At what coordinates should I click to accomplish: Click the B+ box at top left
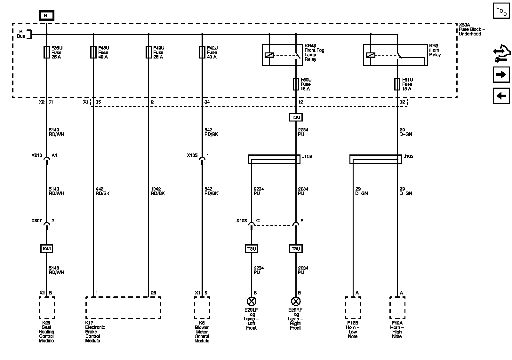click(x=47, y=16)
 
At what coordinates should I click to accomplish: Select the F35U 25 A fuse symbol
click(x=46, y=52)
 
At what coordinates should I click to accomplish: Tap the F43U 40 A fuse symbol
click(x=93, y=52)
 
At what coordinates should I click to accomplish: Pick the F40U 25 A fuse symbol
click(x=148, y=52)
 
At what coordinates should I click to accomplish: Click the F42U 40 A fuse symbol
click(x=202, y=52)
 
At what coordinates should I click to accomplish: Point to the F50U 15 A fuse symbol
click(x=296, y=84)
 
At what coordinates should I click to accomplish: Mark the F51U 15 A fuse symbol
click(x=397, y=84)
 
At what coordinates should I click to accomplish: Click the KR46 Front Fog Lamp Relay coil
click(x=269, y=55)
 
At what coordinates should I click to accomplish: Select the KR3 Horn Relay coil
click(x=371, y=55)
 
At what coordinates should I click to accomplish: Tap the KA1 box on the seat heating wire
click(x=47, y=248)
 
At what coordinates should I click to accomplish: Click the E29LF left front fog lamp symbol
click(x=252, y=301)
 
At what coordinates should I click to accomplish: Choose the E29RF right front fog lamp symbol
click(x=296, y=301)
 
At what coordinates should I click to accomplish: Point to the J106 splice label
click(x=307, y=156)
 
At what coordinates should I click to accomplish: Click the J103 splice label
click(x=409, y=156)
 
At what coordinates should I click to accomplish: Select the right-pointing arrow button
click(x=501, y=75)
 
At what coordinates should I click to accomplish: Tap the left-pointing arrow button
click(x=501, y=96)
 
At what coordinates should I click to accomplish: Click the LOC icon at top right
click(x=501, y=11)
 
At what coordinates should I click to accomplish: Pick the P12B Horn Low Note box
click(x=353, y=308)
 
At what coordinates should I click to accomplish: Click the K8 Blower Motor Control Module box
click(x=202, y=308)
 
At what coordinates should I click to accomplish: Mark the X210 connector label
click(x=36, y=155)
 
